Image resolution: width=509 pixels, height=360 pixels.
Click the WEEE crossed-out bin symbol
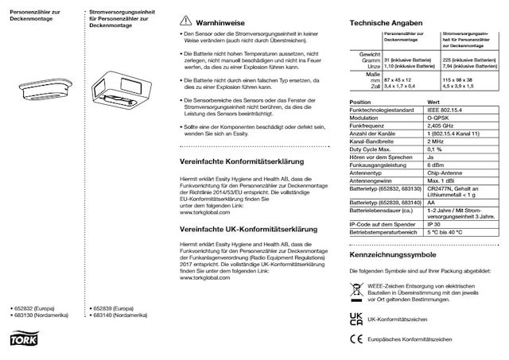click(x=356, y=293)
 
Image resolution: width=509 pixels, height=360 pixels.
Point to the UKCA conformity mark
click(x=356, y=318)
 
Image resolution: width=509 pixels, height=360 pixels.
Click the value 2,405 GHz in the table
click(x=441, y=126)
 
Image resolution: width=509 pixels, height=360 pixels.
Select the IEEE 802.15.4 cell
click(x=445, y=109)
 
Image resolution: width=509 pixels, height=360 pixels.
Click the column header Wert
click(x=434, y=102)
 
